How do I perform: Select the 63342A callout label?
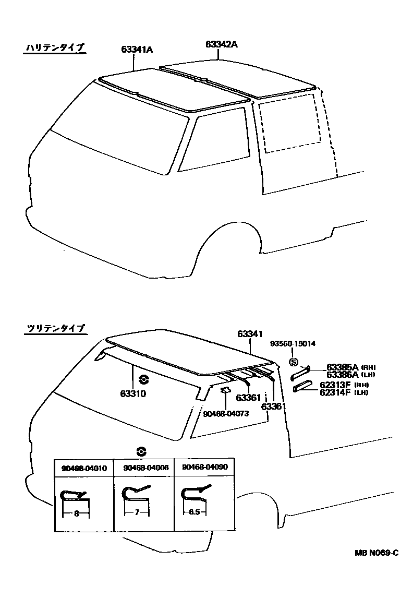[221, 44]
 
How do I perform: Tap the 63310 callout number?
[133, 394]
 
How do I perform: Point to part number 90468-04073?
[226, 413]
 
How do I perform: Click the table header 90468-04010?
[84, 468]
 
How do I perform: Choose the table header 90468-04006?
[143, 468]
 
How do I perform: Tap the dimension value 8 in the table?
[76, 513]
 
